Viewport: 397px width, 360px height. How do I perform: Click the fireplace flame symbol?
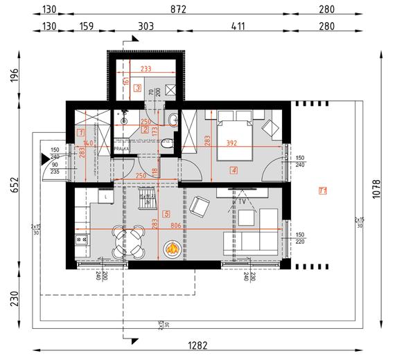(170, 248)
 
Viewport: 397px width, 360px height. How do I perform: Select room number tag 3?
(138, 88)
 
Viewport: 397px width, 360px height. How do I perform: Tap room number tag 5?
(166, 214)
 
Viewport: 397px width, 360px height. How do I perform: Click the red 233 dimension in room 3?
(145, 69)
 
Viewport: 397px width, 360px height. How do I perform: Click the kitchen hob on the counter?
(80, 240)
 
